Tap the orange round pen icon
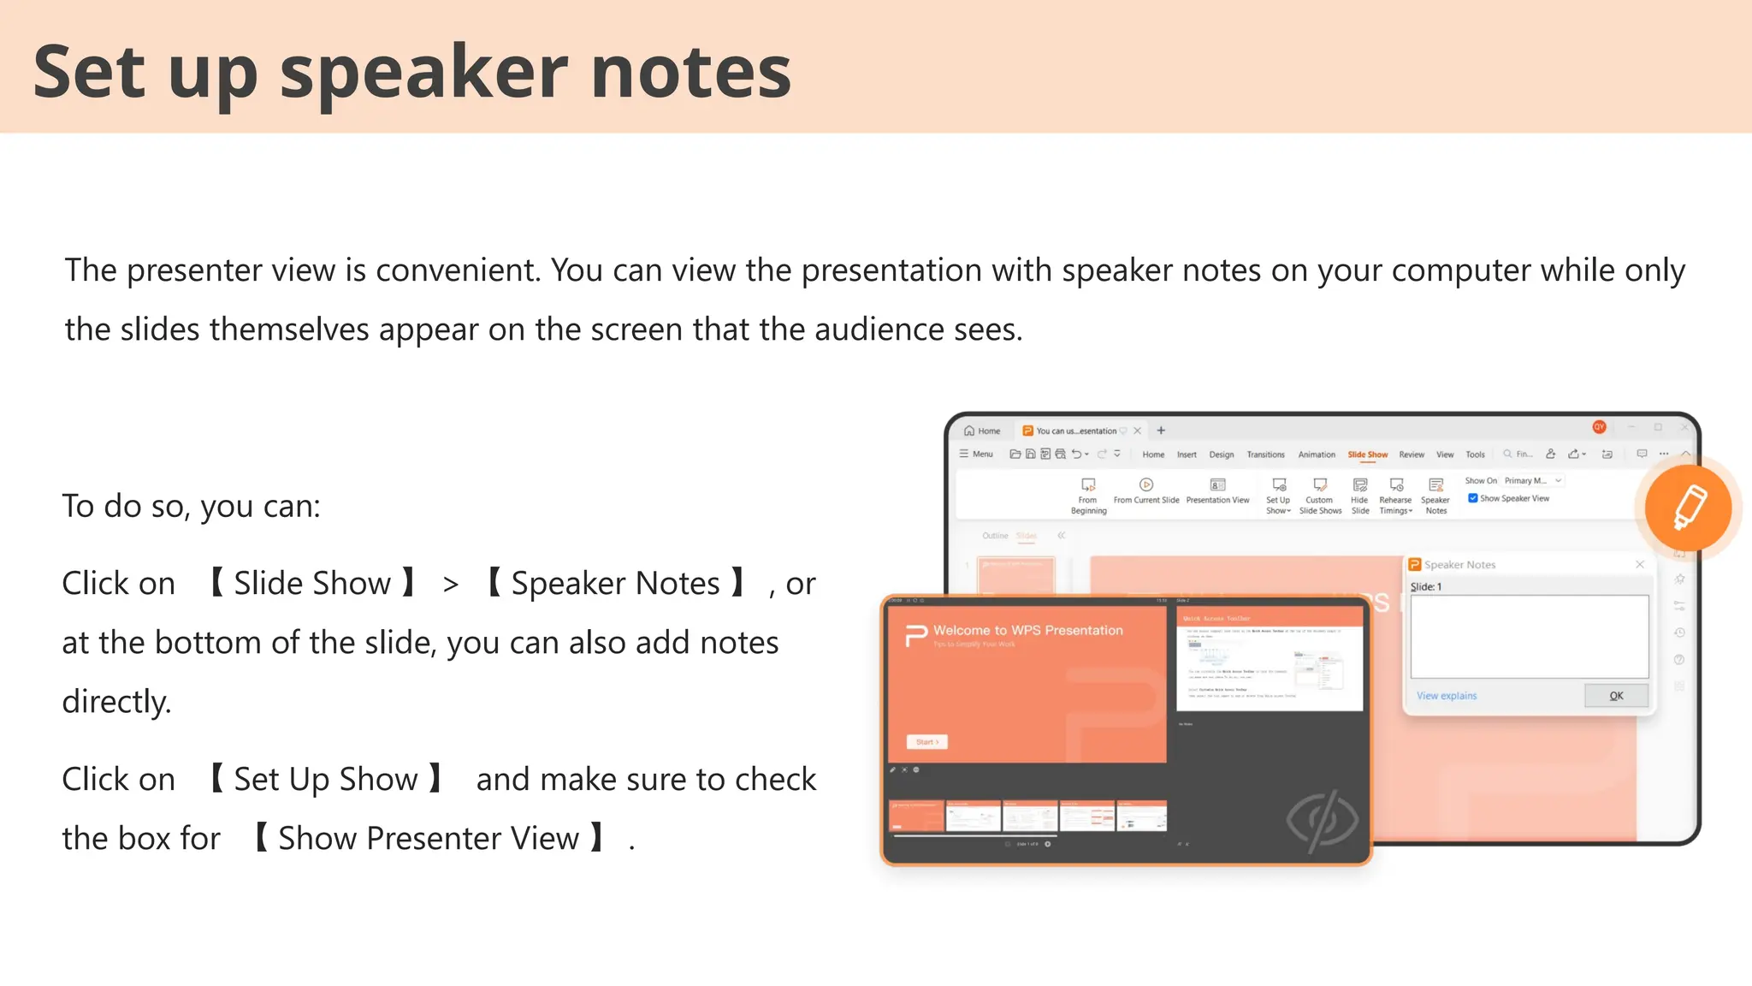tap(1688, 508)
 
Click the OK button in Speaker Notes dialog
tap(1615, 696)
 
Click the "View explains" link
tap(1446, 696)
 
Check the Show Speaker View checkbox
tap(1473, 498)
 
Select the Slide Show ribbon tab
tap(1367, 454)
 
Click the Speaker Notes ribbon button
tap(1435, 495)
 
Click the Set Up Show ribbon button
tap(1278, 495)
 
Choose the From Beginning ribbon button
tap(1088, 495)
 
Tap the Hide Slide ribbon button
tap(1359, 495)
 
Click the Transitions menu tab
tap(1265, 454)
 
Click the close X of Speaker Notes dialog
tap(1639, 564)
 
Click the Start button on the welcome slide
tap(927, 742)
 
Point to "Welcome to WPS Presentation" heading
tap(1027, 630)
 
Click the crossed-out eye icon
tap(1322, 820)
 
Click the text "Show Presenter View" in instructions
tap(429, 839)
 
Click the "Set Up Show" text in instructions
tap(326, 780)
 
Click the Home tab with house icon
tap(982, 431)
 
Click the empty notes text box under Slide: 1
tap(1529, 637)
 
